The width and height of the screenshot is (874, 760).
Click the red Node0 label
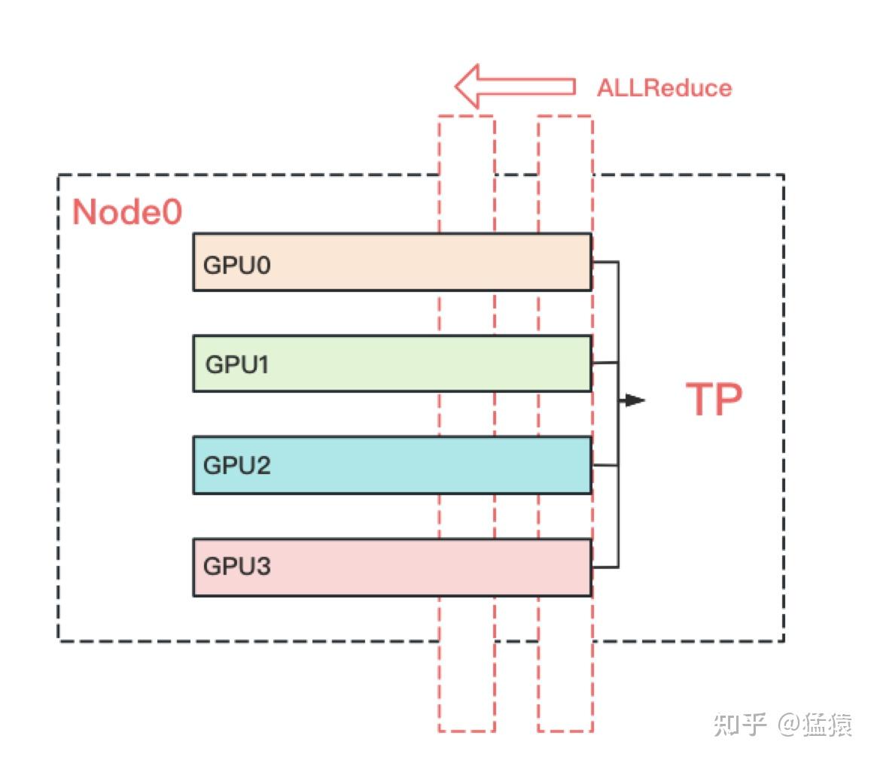click(126, 213)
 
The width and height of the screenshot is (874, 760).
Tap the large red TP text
click(714, 400)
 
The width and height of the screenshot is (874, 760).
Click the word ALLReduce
click(664, 88)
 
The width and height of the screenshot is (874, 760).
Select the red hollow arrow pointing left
click(515, 86)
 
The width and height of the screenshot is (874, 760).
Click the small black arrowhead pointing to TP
click(634, 400)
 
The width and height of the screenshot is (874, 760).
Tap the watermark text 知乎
click(739, 725)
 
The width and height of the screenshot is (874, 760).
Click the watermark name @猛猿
click(815, 725)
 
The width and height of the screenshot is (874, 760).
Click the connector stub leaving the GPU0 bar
click(604, 263)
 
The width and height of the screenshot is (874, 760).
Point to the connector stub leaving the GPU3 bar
click(604, 567)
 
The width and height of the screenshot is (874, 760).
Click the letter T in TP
click(700, 400)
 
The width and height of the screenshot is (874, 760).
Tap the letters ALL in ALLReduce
click(620, 88)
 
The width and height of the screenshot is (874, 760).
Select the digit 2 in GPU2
click(263, 465)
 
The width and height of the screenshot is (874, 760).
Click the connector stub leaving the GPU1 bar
click(604, 363)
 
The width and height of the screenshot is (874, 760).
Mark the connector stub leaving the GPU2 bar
click(604, 466)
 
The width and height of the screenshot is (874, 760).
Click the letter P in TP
click(729, 400)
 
